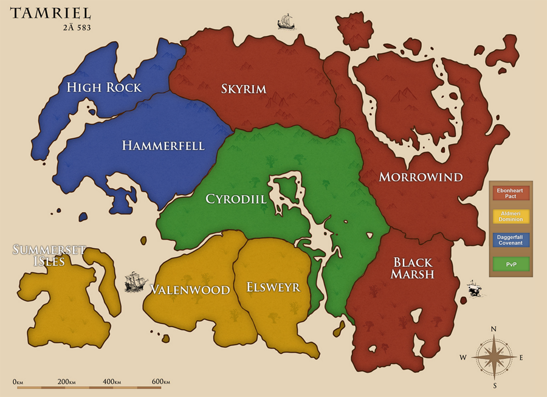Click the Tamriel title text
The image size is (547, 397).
point(50,13)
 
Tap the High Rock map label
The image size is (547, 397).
point(103,88)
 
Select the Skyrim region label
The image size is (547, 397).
point(244,89)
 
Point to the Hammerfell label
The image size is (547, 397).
point(163,146)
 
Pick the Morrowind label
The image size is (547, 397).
point(421,178)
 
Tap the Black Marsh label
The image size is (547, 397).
point(413,268)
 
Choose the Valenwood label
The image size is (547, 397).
point(190,289)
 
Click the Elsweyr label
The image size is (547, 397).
point(273,287)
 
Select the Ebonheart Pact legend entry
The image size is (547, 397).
point(511,193)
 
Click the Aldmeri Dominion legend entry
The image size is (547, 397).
point(511,216)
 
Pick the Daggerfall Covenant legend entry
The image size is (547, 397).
point(511,240)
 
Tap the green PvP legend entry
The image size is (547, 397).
point(511,264)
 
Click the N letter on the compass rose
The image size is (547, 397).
point(494,329)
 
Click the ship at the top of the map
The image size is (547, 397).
point(286,22)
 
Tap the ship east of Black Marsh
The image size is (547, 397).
point(475,289)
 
